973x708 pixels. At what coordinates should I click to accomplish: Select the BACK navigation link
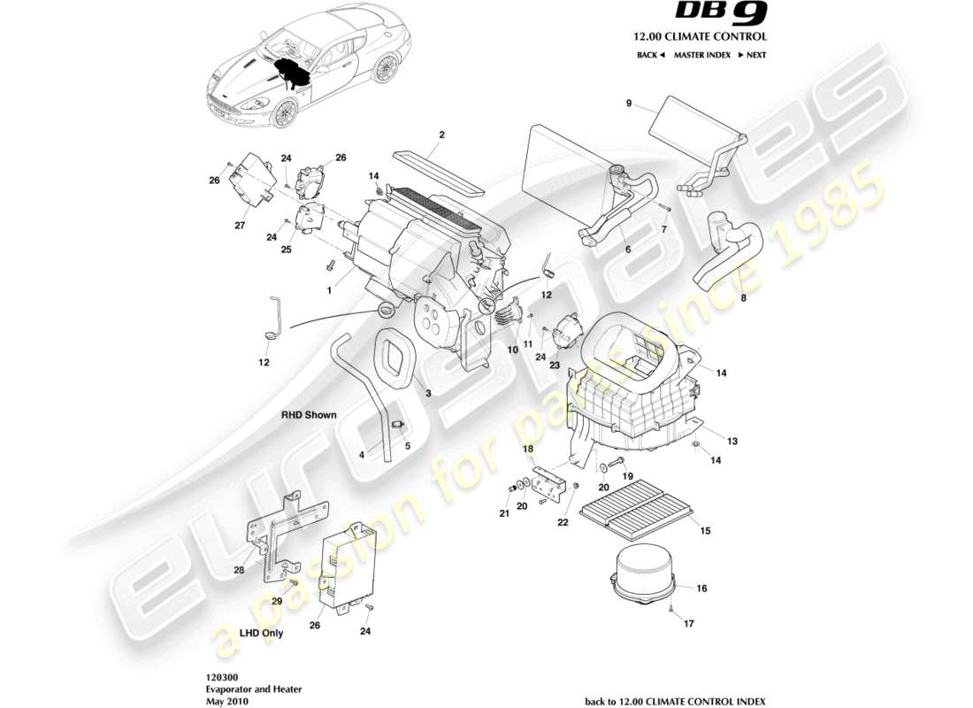(x=650, y=55)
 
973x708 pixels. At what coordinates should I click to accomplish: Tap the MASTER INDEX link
(x=701, y=55)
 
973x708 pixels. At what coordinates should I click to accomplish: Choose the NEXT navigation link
(x=752, y=55)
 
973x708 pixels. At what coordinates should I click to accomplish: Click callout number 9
(x=629, y=104)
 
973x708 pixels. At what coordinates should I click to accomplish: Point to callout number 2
(x=441, y=135)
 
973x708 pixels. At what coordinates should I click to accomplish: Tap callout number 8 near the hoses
(x=743, y=298)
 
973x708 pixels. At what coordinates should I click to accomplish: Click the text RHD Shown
(x=309, y=414)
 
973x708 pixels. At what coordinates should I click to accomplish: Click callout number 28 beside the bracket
(x=239, y=570)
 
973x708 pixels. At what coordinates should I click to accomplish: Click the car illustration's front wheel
(x=285, y=112)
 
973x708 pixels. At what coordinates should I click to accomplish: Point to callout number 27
(x=240, y=225)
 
